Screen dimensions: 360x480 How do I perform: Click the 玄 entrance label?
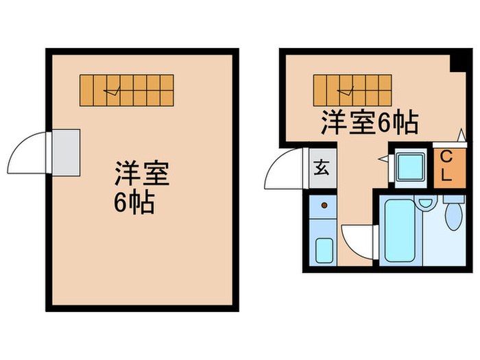click(321, 167)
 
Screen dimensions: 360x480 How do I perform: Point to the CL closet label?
click(445, 165)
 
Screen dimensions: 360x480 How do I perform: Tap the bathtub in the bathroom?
click(400, 230)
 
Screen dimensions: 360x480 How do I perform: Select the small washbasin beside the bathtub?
click(427, 203)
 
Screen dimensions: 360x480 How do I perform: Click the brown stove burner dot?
click(323, 205)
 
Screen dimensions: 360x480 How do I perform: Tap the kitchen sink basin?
click(324, 250)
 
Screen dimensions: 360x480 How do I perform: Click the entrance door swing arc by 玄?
click(284, 170)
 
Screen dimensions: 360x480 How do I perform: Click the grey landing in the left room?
click(67, 152)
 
